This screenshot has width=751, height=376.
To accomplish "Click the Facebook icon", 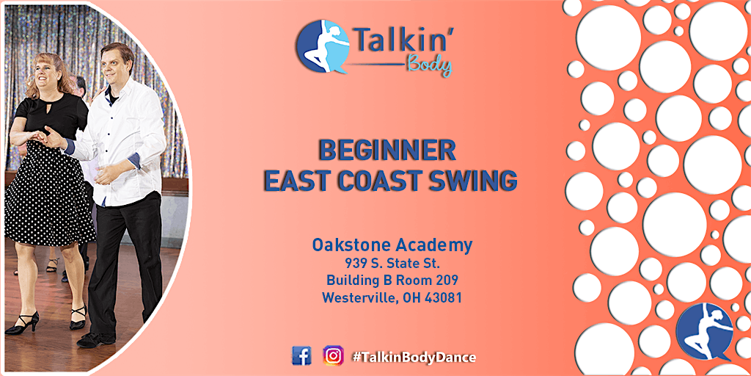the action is coord(301,356).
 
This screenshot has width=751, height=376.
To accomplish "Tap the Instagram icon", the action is coord(333,356).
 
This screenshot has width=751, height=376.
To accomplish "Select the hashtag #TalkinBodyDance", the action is coord(414,358).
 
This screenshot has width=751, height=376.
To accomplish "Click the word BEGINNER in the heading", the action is coord(387,151).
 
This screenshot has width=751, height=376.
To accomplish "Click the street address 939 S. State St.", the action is coord(392,264).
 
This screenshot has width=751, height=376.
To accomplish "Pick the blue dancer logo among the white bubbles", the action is coord(705,332).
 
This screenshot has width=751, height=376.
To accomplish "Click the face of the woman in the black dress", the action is coord(45,72).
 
